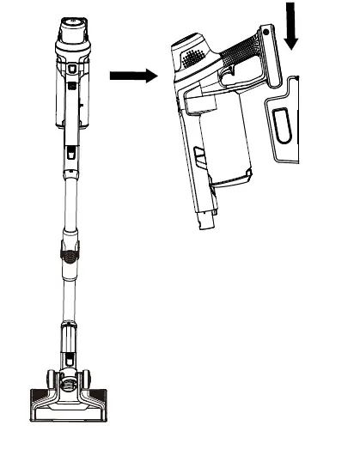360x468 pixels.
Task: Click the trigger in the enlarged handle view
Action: pyautogui.click(x=229, y=78)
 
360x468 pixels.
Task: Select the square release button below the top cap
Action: pyautogui.click(x=73, y=66)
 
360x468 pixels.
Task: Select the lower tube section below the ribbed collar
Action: pyautogui.click(x=68, y=292)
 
